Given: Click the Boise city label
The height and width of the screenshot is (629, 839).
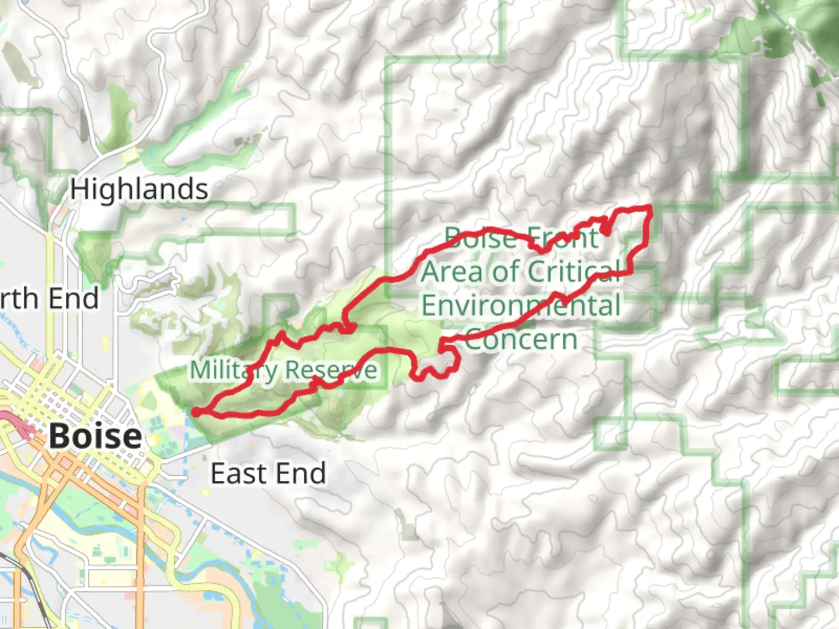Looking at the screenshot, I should (x=95, y=436).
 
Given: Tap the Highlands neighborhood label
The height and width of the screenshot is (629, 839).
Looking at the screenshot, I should (x=139, y=190).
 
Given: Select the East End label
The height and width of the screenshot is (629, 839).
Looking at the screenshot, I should (x=268, y=473).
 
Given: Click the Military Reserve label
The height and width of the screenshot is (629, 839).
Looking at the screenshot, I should (x=284, y=370).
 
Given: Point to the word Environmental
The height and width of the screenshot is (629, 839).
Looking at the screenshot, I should (x=521, y=306).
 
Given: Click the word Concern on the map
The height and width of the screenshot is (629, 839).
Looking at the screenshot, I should (x=521, y=340).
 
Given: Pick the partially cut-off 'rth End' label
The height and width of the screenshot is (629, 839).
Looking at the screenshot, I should (x=50, y=299).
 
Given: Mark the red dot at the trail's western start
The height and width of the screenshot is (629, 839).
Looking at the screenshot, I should (x=196, y=412).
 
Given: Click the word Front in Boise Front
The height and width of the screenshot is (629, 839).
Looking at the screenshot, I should (x=562, y=238).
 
